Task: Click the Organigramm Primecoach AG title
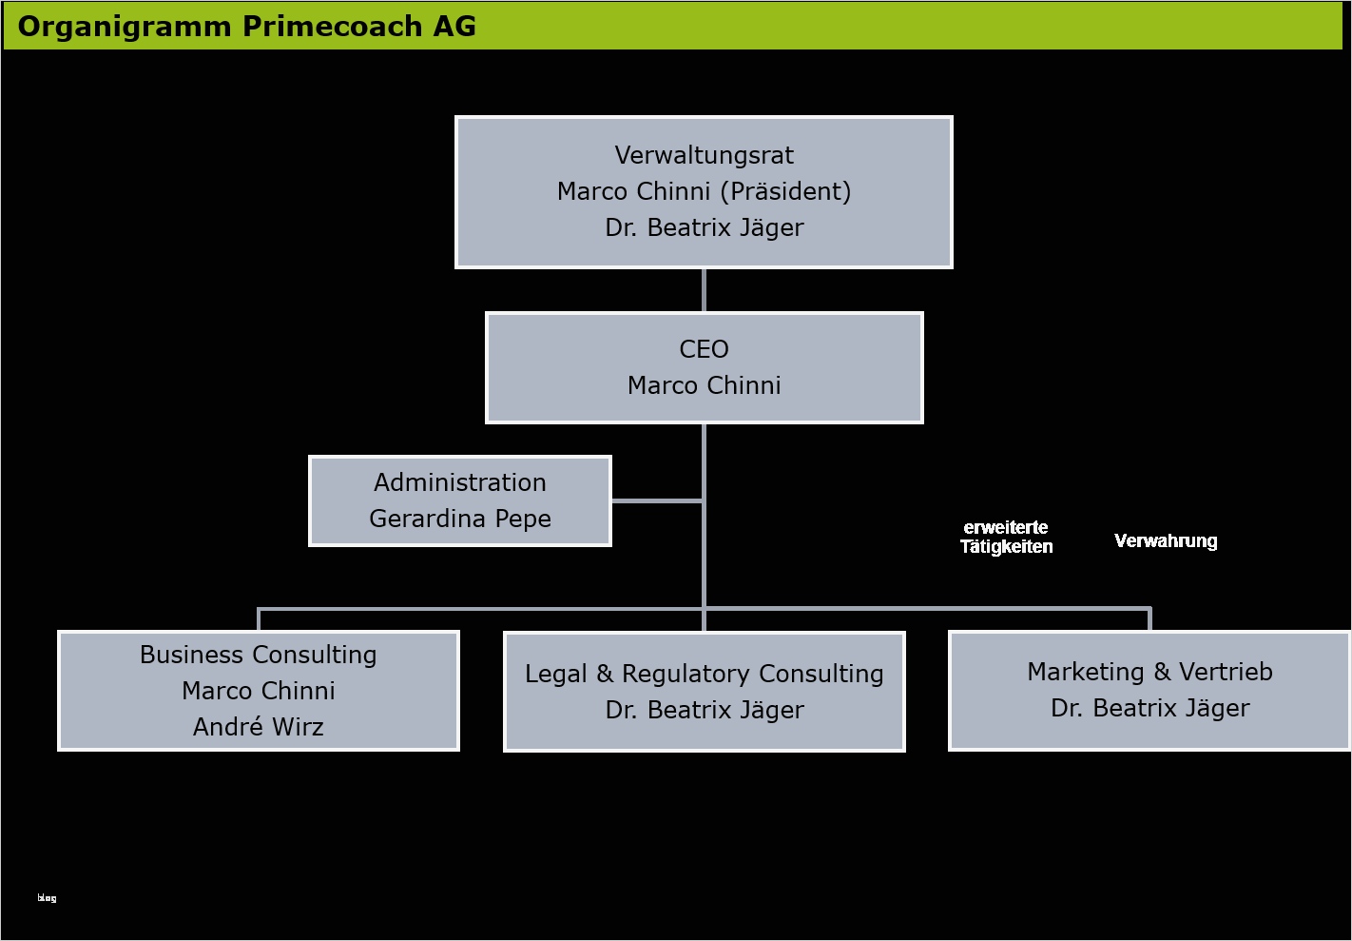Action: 247,27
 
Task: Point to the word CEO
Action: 704,349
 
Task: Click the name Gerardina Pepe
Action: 460,519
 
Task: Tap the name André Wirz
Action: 259,727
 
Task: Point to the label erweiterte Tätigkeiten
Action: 1006,537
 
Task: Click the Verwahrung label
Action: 1166,540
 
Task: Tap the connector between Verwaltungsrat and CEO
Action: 704,290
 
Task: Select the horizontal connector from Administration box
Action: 657,500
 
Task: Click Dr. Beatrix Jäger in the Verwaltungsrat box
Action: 705,228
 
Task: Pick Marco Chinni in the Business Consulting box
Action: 259,691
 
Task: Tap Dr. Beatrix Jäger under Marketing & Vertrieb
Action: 1149,708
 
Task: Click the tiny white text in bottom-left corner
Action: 47,898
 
